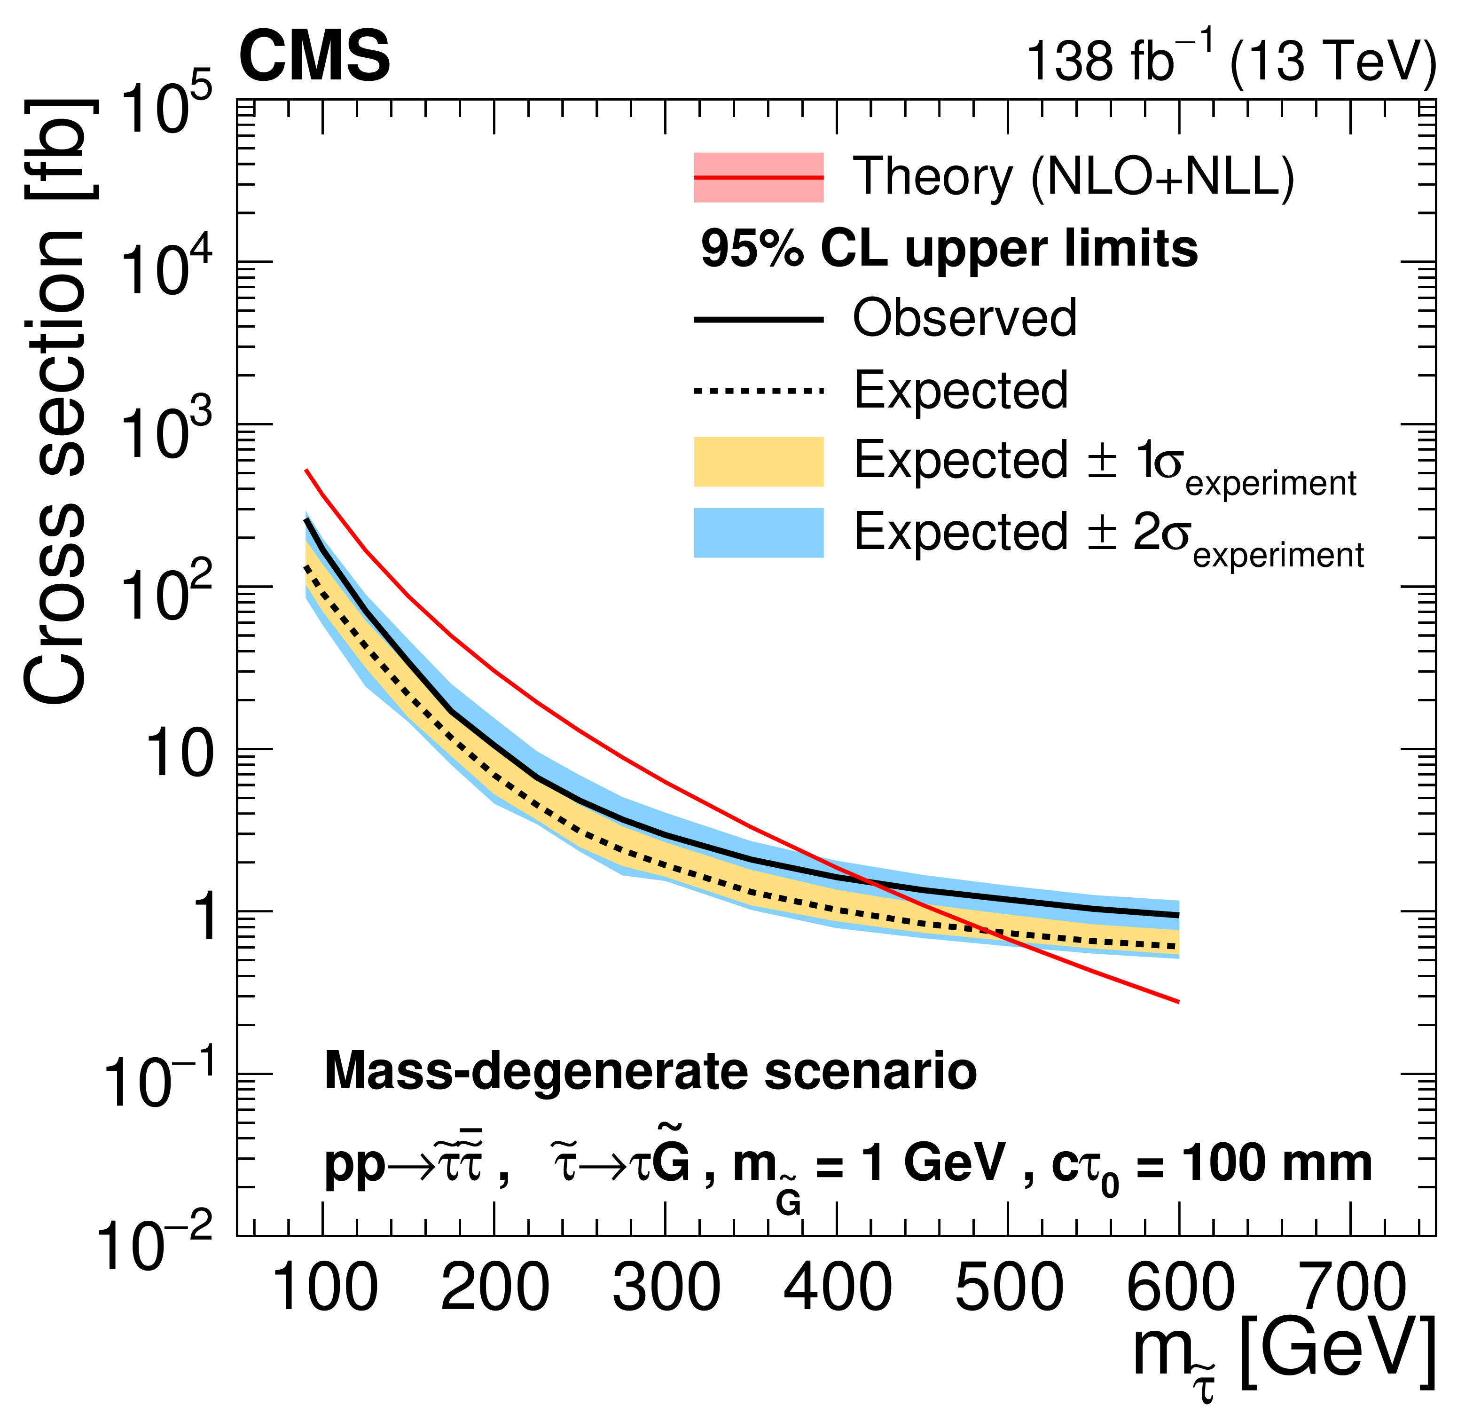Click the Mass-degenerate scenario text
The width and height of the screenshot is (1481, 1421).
click(650, 1071)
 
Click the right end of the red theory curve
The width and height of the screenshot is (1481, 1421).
click(1178, 1002)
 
